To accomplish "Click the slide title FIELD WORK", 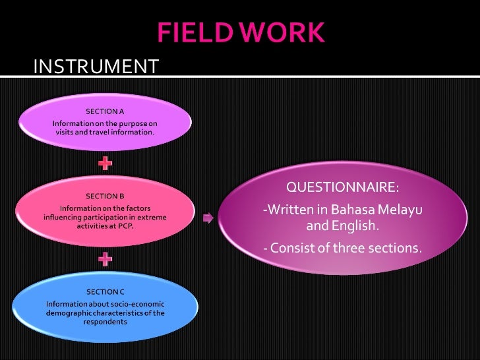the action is coord(240,32).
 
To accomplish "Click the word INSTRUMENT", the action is coord(96,67).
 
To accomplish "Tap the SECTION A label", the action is coord(105,111).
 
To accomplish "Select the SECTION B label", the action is coord(105,196).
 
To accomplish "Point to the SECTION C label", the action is coord(105,291).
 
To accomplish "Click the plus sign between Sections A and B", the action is coord(105,162).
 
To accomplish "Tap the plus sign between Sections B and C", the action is coord(105,258).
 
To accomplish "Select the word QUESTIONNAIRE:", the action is coord(342,188).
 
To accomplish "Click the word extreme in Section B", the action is coord(152,217).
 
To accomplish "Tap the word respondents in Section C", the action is coord(105,322).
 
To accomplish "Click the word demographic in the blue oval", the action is coord(69,313).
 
